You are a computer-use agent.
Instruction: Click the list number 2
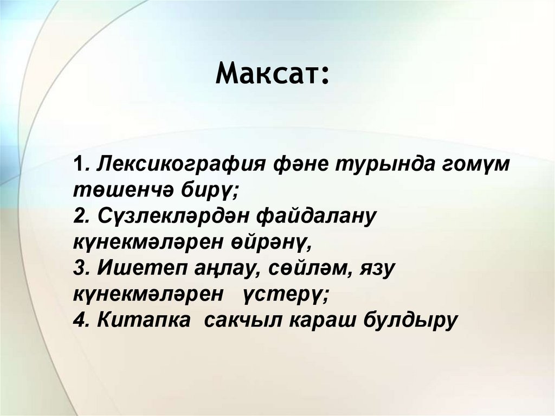point(80,216)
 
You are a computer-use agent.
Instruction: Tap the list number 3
point(80,268)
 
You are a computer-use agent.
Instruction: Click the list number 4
point(80,321)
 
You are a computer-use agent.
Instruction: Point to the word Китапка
point(143,321)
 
